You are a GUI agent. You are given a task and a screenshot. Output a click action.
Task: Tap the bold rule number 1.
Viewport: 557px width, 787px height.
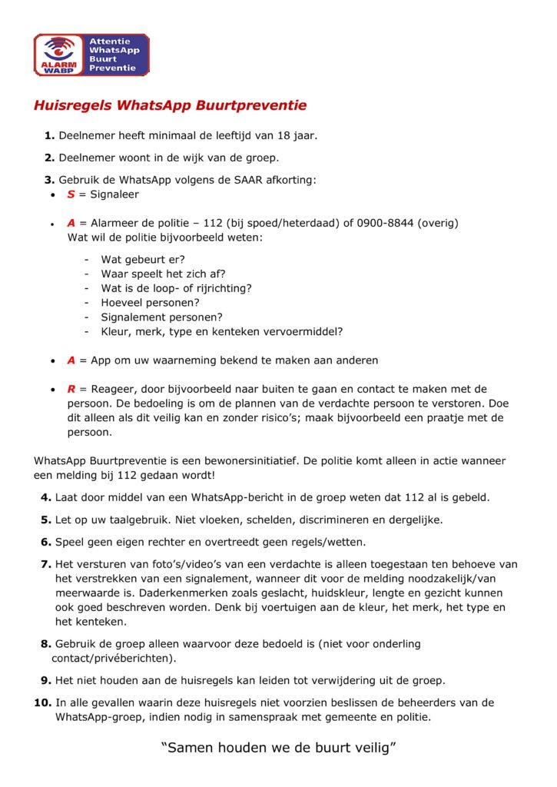(49, 135)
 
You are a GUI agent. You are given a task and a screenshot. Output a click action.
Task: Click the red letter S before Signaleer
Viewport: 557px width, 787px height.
(71, 194)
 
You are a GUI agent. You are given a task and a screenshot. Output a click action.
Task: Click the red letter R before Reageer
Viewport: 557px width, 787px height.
(71, 390)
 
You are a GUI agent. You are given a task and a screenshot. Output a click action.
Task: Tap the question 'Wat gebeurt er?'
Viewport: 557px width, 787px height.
(143, 260)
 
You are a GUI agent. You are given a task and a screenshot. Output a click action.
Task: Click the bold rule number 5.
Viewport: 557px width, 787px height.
(46, 520)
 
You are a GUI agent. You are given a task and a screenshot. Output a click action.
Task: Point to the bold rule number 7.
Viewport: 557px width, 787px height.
(46, 564)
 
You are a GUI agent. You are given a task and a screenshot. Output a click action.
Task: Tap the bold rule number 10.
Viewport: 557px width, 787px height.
(43, 702)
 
